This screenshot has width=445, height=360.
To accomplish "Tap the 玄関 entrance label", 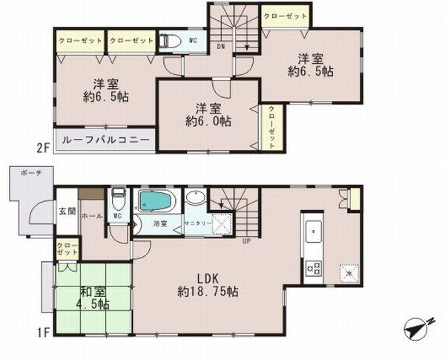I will (x=67, y=211).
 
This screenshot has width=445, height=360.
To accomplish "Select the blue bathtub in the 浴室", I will (x=156, y=202).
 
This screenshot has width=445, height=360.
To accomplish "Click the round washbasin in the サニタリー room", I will (x=195, y=198).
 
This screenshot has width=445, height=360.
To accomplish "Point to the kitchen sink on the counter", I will (x=311, y=230).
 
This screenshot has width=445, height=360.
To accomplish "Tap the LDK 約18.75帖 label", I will (x=207, y=285).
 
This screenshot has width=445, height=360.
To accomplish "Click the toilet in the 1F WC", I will (x=118, y=201).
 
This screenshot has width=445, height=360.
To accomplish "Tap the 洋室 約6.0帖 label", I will (x=207, y=114).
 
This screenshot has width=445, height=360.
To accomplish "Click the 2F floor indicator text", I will (x=44, y=147).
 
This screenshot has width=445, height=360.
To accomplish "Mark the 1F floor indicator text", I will (x=44, y=334).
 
